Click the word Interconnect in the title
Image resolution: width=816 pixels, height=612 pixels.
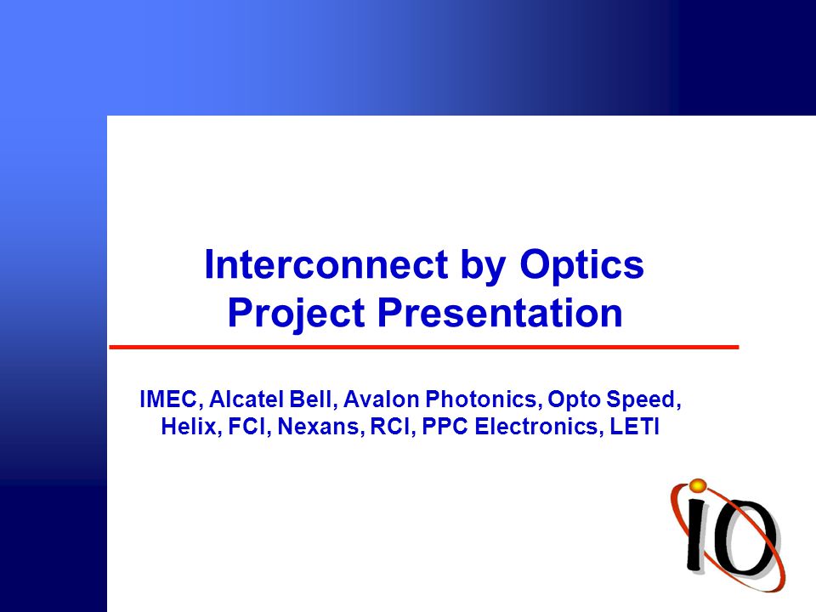click(326, 264)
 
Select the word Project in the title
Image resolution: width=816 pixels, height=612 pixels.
click(296, 314)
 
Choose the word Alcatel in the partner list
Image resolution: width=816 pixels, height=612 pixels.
click(247, 399)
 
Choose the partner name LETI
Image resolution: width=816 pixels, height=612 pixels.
click(634, 426)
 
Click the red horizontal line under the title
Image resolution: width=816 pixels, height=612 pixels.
click(424, 347)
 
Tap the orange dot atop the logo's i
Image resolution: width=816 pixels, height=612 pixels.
click(697, 485)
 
